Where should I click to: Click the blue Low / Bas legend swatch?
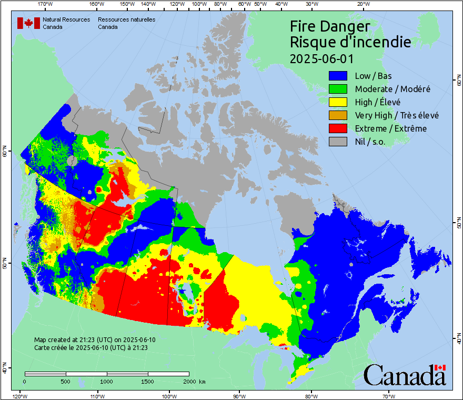point(338,76)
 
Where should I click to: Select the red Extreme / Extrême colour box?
point(338,128)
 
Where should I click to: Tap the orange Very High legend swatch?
point(338,115)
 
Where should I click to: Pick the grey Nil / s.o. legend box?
point(338,142)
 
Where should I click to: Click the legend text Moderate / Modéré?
point(392,89)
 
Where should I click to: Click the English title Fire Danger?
point(330,26)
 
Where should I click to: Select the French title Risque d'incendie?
point(350,42)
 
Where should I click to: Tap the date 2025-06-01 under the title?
point(321,58)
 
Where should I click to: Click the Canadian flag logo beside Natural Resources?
point(28,23)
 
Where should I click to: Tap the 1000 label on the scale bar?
point(107,381)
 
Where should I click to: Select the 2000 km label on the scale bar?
point(193,381)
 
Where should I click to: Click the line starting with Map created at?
point(95,340)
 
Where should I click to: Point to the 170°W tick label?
point(46,4)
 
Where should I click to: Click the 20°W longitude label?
point(363,4)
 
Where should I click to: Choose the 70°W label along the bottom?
point(389,396)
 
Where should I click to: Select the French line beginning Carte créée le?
point(90,348)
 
